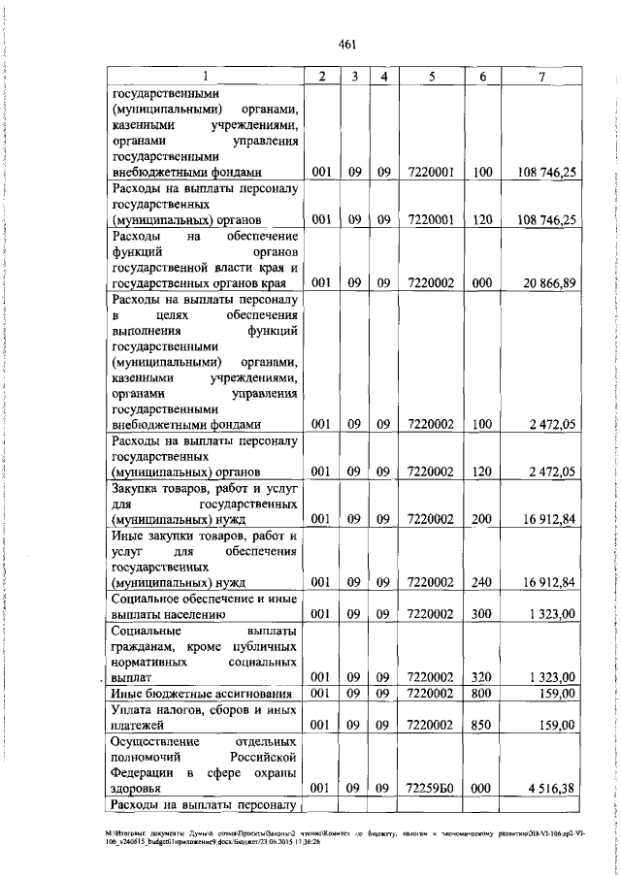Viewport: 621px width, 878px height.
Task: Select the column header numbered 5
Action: pos(432,77)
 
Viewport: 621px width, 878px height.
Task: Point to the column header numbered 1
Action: pos(205,77)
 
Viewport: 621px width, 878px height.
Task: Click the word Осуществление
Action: pos(157,741)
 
